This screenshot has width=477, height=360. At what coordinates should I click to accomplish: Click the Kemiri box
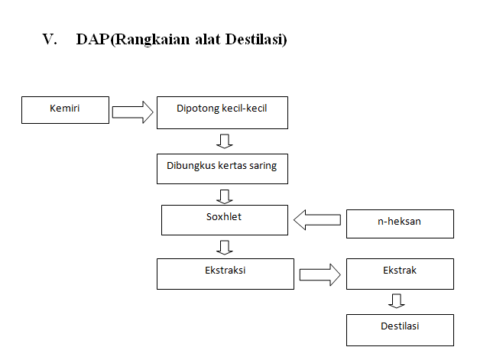[65, 110]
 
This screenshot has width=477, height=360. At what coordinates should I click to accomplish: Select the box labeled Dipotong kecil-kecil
[222, 113]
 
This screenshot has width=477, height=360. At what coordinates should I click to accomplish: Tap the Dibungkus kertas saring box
[222, 169]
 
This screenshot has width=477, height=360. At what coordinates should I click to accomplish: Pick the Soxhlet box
[225, 220]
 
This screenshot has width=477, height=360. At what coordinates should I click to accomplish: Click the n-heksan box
[400, 224]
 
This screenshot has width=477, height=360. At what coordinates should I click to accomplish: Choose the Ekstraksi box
[226, 274]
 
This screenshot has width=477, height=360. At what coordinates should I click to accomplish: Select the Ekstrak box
[400, 274]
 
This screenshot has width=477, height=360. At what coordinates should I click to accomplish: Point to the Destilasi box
[400, 330]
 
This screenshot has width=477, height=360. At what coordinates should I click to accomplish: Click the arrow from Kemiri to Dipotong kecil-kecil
[133, 112]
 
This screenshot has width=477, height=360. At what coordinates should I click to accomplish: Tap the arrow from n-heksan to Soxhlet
[317, 219]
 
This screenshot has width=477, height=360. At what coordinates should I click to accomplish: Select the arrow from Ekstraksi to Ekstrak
[320, 274]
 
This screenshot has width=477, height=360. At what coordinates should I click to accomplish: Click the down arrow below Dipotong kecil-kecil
[225, 141]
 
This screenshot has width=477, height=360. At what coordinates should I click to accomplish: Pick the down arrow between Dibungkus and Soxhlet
[225, 196]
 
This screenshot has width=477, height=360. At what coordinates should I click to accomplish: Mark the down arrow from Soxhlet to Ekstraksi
[225, 247]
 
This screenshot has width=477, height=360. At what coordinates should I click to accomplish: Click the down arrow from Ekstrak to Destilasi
[397, 301]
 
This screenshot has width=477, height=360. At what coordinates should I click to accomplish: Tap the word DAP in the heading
[92, 39]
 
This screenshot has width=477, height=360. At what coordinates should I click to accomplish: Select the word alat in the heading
[207, 39]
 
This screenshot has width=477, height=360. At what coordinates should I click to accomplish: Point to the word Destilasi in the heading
[255, 39]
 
